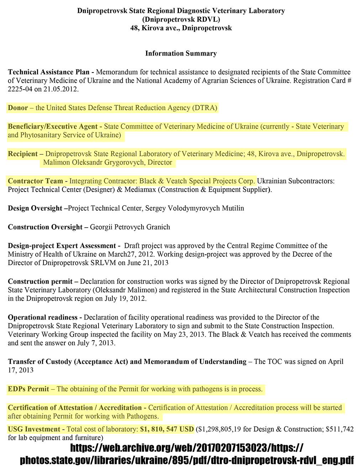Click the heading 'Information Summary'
click(181, 54)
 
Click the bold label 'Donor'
click(18, 108)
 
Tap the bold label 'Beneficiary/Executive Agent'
click(53, 127)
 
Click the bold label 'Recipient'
click(23, 154)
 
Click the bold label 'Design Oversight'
click(35, 208)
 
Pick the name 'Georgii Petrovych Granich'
click(130, 227)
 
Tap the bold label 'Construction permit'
click(40, 281)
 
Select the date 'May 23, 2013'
click(184, 335)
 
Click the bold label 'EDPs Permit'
click(28, 389)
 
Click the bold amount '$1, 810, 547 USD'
click(167, 429)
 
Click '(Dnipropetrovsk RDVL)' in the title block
click(181, 20)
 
